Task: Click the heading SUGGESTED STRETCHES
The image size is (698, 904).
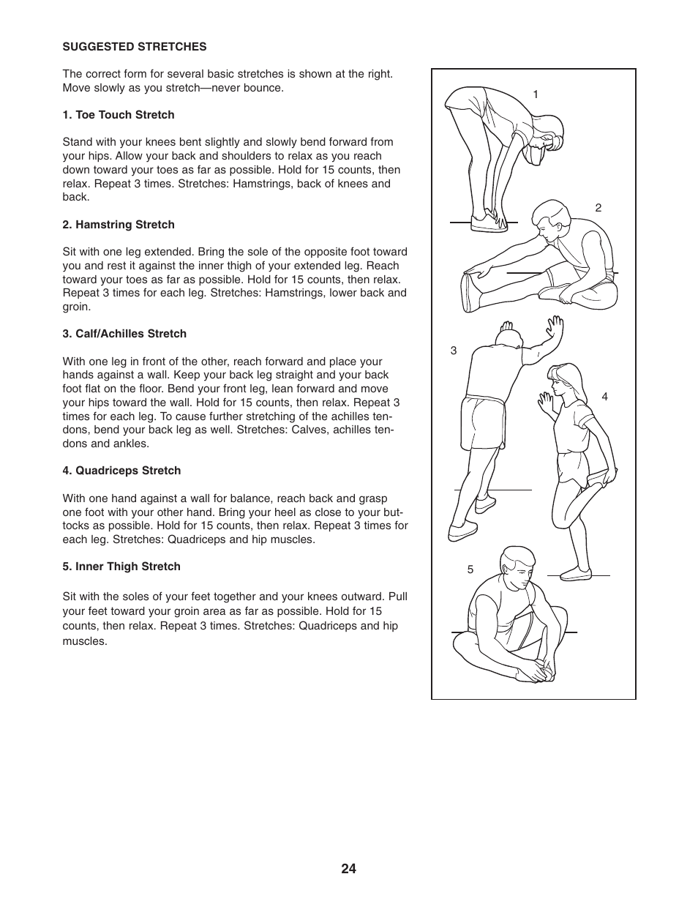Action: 135,47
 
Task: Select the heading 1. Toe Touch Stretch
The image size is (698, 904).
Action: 119,115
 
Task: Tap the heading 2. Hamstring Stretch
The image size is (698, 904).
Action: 119,225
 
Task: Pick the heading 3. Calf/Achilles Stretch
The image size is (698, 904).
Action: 124,334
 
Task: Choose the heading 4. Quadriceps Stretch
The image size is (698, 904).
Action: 121,471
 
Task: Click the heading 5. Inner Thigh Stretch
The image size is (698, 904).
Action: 121,567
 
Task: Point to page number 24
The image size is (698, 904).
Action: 348,869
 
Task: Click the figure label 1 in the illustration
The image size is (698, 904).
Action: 536,94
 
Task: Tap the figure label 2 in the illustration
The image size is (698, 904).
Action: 598,208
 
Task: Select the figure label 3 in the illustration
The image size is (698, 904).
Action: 454,351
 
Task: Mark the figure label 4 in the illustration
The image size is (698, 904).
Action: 604,397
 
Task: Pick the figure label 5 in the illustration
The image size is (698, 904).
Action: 470,569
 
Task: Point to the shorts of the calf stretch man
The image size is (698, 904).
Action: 484,422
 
